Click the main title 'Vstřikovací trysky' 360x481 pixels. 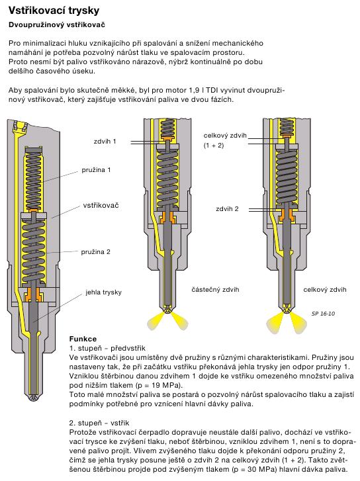click(54, 11)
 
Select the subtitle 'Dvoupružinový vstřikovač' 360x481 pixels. click(57, 25)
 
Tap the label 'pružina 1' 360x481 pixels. click(96, 169)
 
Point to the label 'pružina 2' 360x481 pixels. click(95, 252)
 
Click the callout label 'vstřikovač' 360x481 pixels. click(101, 205)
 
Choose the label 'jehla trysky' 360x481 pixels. click(103, 292)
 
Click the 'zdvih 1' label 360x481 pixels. click(105, 142)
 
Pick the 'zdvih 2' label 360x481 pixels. click(227, 209)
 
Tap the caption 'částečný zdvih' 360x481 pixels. click(215, 289)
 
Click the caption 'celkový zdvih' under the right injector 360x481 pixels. click(325, 289)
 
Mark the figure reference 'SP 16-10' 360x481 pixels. click(323, 314)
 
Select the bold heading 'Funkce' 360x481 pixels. click(83, 339)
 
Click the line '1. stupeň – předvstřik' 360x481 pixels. click(107, 348)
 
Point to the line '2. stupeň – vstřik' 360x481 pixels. click(99, 423)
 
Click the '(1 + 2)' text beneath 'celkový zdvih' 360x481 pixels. click(214, 145)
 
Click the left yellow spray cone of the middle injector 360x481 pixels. click(156, 321)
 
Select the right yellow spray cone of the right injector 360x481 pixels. click(298, 323)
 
